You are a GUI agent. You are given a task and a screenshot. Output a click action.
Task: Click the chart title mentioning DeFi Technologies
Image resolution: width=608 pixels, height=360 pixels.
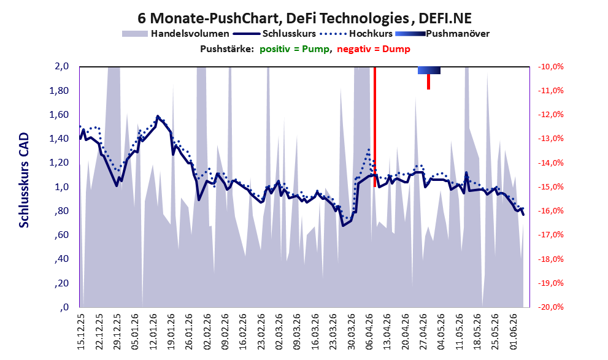[304, 18]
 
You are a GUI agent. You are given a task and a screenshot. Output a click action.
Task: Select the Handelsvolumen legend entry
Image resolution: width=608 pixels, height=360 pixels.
[175, 34]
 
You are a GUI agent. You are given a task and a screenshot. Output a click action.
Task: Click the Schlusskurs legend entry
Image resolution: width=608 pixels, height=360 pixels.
[274, 34]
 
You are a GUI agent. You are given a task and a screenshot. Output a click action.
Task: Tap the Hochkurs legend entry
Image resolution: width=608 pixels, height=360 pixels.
[356, 34]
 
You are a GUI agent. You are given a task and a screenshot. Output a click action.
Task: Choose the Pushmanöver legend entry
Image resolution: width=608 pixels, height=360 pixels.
[442, 34]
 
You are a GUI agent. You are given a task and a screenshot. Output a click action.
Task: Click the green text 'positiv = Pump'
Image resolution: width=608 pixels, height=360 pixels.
[294, 49]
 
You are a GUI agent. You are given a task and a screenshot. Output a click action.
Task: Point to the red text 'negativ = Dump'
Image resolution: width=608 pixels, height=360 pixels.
[374, 49]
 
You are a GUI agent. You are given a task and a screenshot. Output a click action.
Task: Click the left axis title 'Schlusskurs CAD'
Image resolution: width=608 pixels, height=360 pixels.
[24, 180]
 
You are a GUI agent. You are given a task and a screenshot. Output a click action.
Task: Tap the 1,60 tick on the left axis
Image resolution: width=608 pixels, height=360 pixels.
[59, 115]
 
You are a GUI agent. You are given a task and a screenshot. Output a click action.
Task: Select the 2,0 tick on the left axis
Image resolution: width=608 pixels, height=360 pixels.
[61, 66]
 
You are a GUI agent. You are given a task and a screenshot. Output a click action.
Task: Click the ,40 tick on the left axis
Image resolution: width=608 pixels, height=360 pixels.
[61, 259]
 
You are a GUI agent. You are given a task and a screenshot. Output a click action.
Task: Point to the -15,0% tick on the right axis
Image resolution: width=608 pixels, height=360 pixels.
[550, 187]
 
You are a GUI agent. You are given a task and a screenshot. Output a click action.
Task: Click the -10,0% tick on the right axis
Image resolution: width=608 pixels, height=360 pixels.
[550, 67]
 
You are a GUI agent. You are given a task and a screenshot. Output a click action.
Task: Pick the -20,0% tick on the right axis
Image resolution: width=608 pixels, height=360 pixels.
[550, 307]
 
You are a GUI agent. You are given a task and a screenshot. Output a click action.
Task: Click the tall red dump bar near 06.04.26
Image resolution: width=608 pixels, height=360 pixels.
[375, 127]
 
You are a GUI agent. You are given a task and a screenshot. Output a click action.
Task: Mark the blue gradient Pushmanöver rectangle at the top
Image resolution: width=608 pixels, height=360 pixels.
[429, 70]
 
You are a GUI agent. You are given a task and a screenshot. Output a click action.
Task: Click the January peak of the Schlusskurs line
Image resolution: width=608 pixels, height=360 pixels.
[158, 116]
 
